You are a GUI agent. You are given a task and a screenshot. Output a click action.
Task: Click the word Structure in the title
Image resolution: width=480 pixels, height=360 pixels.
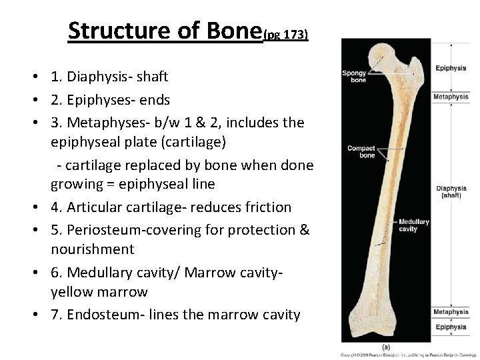pos(107,31)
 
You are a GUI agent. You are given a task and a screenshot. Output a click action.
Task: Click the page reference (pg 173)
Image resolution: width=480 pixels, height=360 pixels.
pos(285,34)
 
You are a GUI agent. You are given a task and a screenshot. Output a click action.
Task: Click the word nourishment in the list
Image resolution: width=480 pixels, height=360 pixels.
pos(93,249)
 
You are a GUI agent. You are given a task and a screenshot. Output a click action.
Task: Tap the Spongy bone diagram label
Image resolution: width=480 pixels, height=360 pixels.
pos(354,76)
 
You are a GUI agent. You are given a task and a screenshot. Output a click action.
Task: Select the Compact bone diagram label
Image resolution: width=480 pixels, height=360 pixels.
pos(361,151)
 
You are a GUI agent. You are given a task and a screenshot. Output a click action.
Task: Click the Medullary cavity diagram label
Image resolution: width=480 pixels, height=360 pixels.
pos(413,225)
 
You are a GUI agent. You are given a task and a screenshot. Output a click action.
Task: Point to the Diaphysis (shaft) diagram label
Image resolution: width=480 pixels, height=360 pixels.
pos(451,191)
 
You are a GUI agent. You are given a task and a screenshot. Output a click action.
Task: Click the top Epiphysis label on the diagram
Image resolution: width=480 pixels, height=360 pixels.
pos(451,69)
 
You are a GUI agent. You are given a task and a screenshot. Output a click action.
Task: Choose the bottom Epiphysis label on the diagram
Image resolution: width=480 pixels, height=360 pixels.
pos(451,327)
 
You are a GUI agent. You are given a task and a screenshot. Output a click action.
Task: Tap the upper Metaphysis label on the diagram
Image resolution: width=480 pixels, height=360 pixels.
pos(451,97)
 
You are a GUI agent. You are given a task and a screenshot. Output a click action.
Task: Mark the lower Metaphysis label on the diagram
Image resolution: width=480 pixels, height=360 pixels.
pos(451,312)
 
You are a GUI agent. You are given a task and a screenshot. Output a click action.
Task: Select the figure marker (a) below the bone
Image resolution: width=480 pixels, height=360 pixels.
pos(386,347)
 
